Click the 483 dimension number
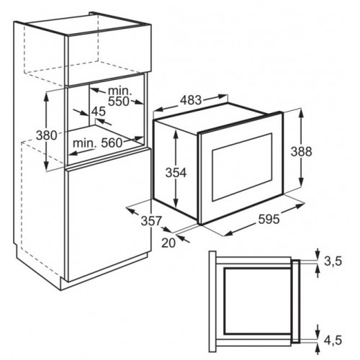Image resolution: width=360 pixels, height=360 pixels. coord(191,99)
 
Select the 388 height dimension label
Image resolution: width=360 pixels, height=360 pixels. coord(301,151)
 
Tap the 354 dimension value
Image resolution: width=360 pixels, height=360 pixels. coord(176,173)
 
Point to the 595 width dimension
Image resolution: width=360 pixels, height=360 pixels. coord(269,219)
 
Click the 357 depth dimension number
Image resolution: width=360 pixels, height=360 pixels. coord(151,220)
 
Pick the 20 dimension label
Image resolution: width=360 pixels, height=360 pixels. coord(168,243)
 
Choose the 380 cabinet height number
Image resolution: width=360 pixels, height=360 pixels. coord(47,135)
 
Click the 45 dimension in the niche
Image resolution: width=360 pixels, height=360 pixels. coord(99,112)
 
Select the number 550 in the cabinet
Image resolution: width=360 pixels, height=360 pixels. coord(119,102)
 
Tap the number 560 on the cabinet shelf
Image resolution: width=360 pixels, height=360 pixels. coord(112,143)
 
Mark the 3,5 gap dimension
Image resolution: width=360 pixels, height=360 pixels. coord(333,261)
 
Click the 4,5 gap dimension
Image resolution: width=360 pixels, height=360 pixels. coord(333,340)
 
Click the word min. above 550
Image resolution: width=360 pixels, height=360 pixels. coord(120,91)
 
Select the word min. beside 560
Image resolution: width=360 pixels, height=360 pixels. coord(85,143)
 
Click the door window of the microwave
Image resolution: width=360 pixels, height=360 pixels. coord(242,167)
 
